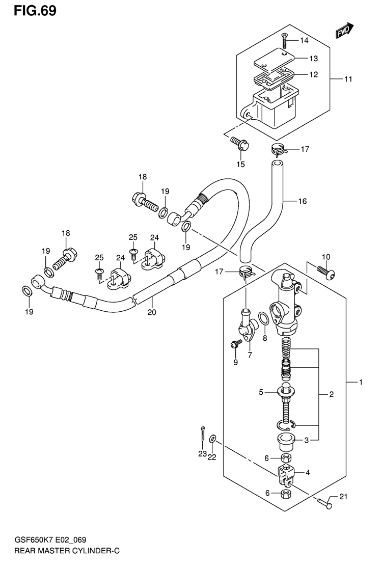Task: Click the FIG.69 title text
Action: [35, 11]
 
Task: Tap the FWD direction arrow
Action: [344, 31]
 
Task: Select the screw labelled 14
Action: [284, 41]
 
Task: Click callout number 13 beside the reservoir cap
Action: [313, 58]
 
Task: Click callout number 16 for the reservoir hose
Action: [303, 201]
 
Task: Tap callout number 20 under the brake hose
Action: [152, 312]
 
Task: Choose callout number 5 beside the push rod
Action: [261, 392]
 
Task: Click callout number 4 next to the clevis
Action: [308, 472]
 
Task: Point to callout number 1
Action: [361, 382]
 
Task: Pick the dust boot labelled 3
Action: [286, 443]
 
